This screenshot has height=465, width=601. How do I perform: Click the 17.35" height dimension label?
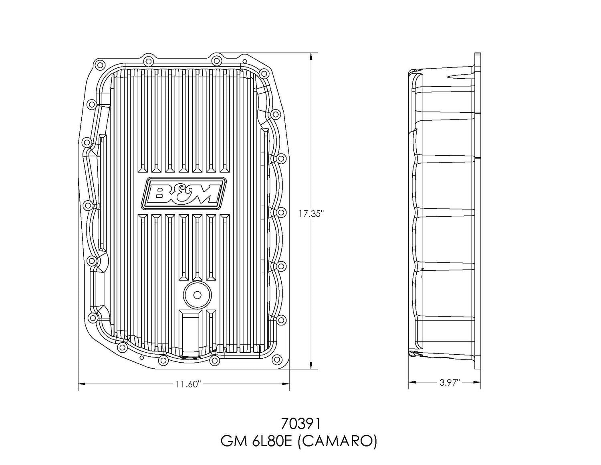[311, 213]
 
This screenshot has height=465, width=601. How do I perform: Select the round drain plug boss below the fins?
[197, 295]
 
